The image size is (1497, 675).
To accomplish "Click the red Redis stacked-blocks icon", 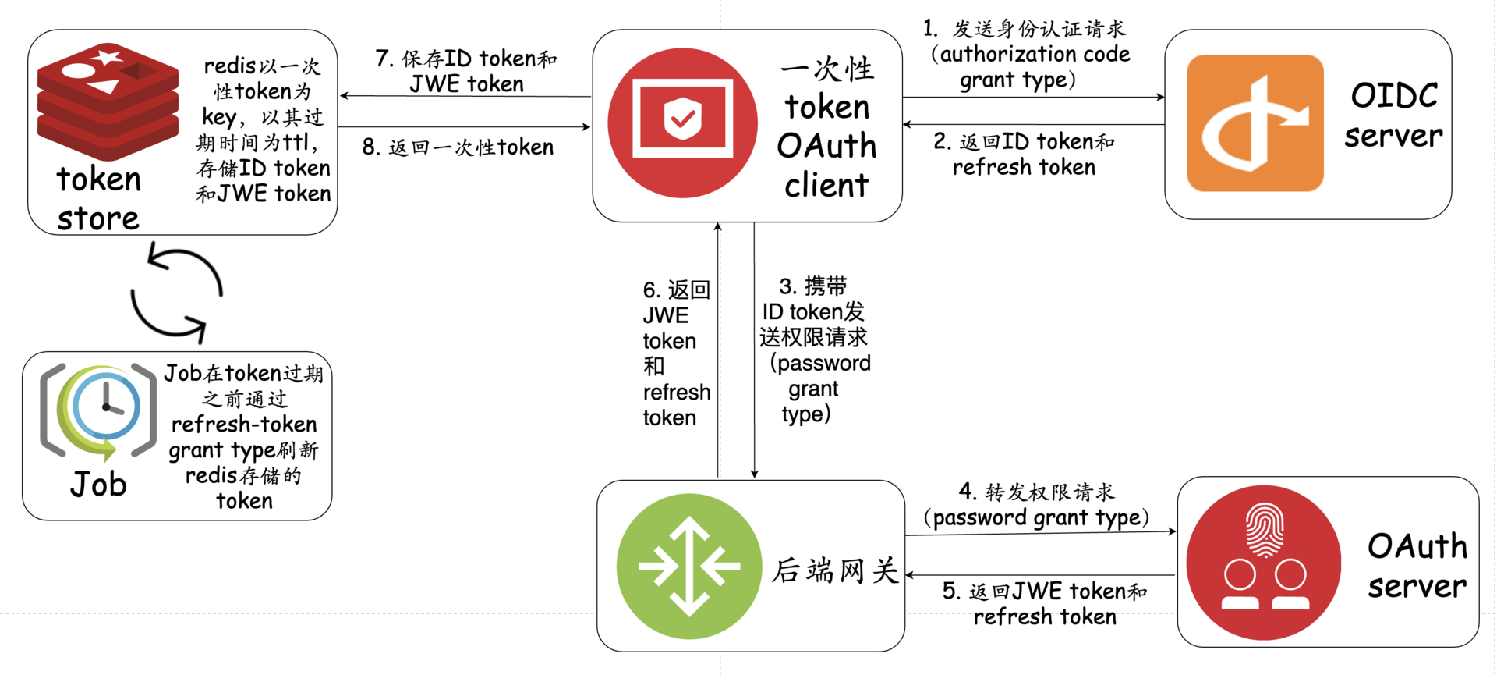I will [x=108, y=101].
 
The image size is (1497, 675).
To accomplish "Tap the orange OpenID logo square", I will [x=1255, y=123].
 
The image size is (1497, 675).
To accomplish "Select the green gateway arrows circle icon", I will [x=688, y=567].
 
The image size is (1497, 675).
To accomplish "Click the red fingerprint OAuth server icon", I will [x=1263, y=562].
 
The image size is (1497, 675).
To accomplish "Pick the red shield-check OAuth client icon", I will [x=682, y=123].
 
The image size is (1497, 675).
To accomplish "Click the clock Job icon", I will [x=98, y=410].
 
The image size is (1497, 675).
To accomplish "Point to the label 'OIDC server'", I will [x=1393, y=115].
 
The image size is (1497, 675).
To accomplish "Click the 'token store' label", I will [x=98, y=199].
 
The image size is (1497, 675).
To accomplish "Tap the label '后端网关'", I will [x=835, y=570].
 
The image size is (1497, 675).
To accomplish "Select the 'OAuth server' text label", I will [x=1417, y=566].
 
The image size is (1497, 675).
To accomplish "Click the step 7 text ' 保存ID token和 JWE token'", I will [x=466, y=71].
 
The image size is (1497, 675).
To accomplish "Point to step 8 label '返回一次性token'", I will [x=458, y=147].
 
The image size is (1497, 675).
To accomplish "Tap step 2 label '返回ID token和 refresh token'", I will [x=1025, y=154].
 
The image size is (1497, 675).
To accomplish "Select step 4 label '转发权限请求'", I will [x=1037, y=505].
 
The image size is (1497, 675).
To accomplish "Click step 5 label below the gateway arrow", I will [x=1045, y=603].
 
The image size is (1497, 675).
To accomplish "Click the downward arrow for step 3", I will [x=754, y=351].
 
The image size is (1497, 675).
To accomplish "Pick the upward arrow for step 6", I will [x=718, y=351].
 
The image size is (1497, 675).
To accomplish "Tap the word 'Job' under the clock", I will [x=98, y=485].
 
